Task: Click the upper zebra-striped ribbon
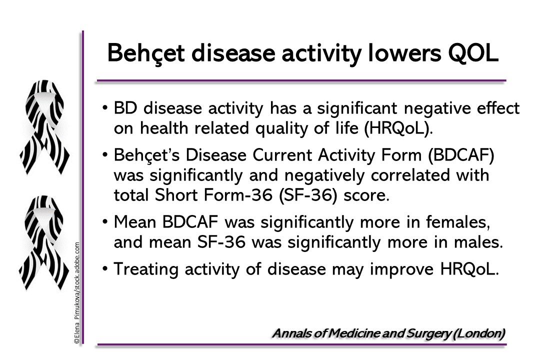click(44, 127)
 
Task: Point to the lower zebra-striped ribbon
click(44, 243)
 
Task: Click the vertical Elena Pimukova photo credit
click(77, 292)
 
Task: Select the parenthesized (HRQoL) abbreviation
click(398, 128)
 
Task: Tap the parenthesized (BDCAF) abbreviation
click(461, 155)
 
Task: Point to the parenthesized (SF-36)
click(308, 195)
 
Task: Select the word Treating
click(146, 269)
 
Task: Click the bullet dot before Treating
click(105, 268)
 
